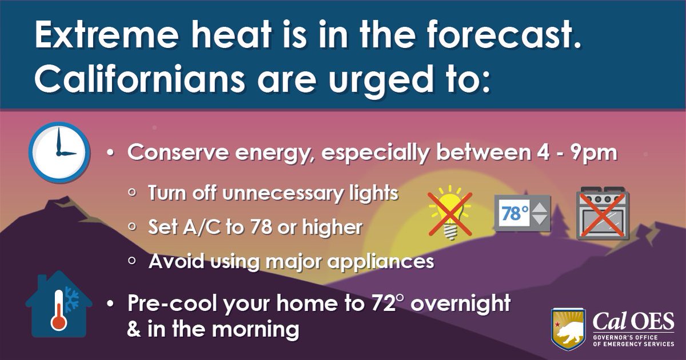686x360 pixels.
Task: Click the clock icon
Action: [59, 152]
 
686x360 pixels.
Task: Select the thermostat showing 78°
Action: [523, 213]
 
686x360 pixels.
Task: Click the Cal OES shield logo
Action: [568, 327]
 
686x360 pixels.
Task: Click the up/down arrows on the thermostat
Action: [539, 213]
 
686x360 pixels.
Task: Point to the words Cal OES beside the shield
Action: [633, 321]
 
